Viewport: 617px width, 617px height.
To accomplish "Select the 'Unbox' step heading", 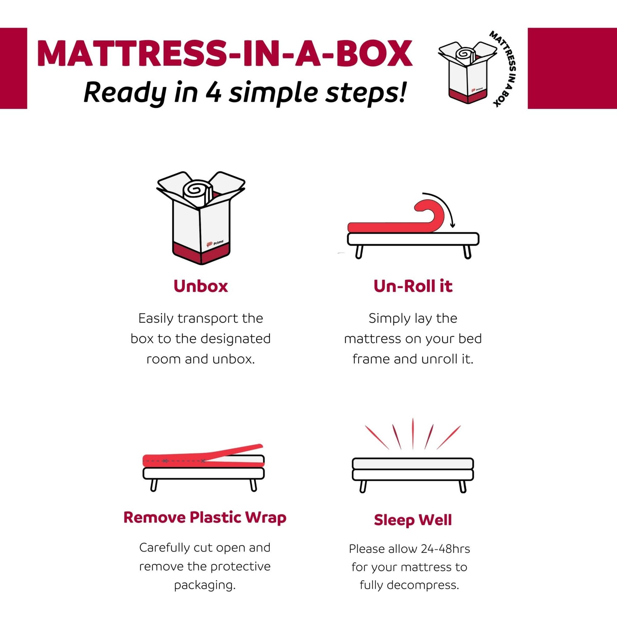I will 201,286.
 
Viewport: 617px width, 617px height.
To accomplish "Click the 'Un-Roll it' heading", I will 413,286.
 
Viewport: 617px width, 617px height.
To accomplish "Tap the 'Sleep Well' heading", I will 413,520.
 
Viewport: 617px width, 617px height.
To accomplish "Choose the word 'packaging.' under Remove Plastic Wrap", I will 205,585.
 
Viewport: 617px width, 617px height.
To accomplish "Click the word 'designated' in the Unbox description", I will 239,339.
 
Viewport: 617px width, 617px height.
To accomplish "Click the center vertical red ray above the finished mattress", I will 413,433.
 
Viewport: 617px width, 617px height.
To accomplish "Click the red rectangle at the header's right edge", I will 572,68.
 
